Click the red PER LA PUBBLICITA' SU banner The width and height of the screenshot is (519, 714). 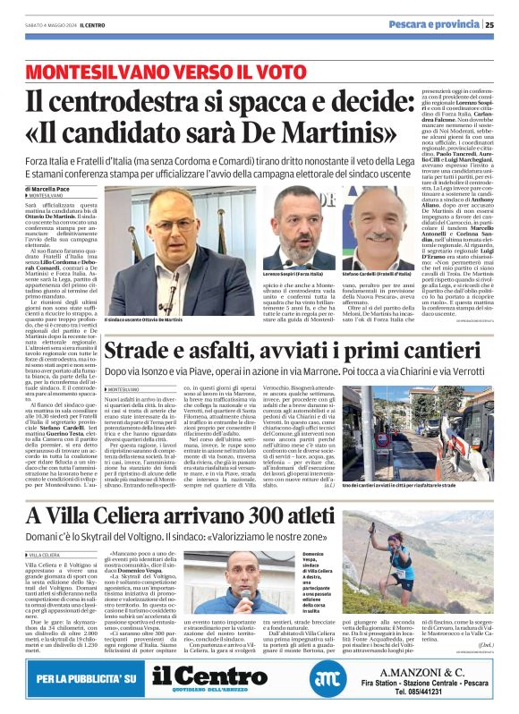(x=86, y=681)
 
